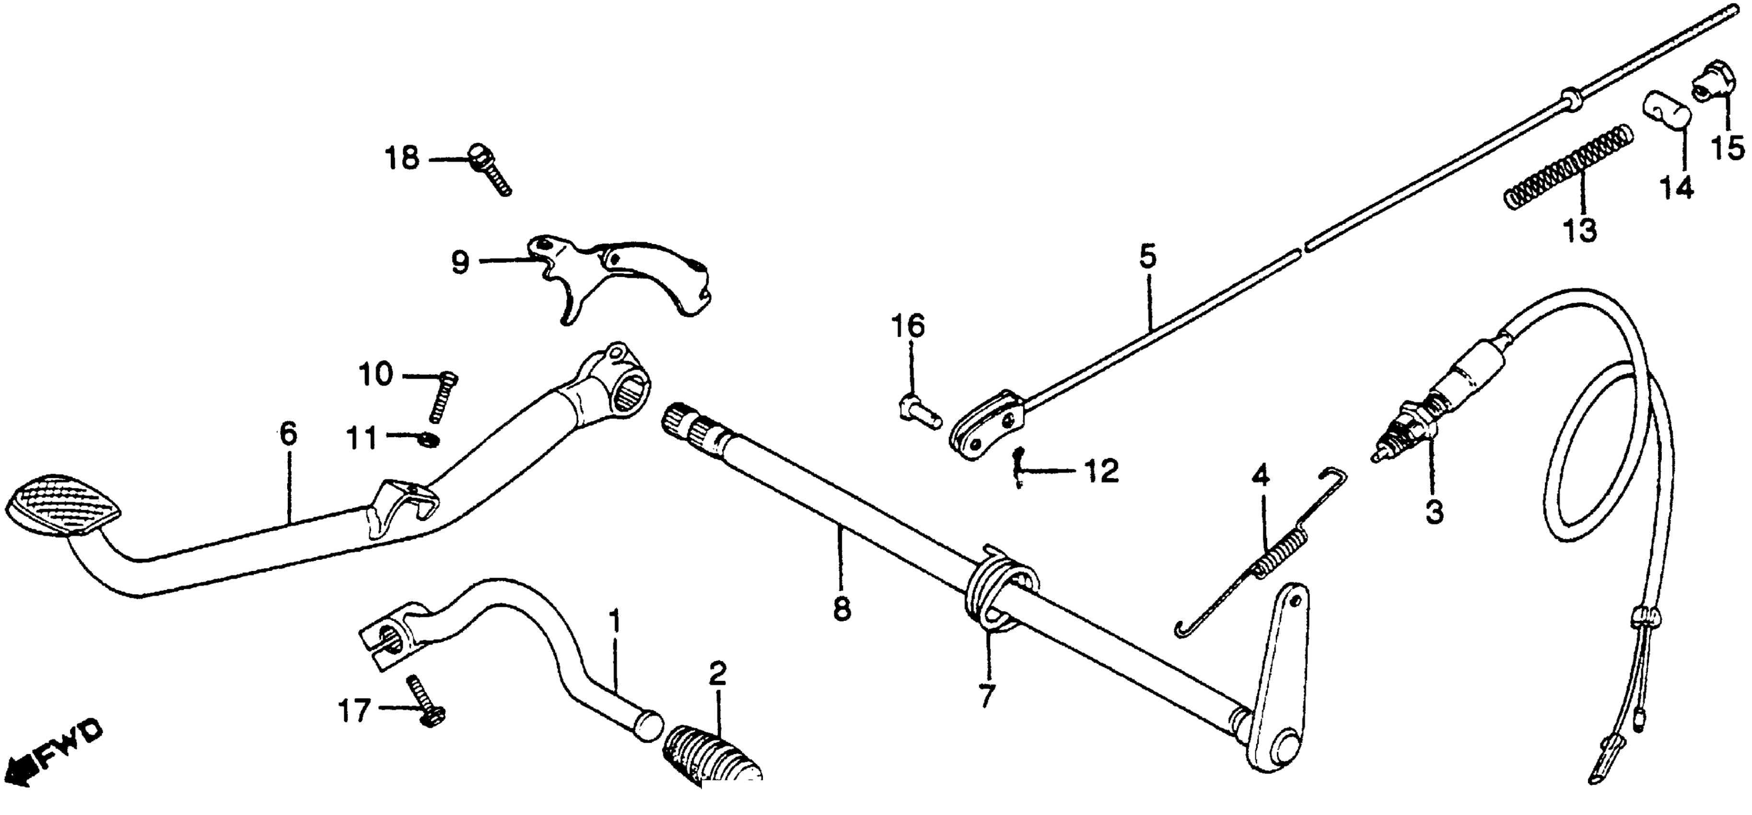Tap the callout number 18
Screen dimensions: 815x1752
[401, 159]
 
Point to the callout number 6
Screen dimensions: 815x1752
[288, 434]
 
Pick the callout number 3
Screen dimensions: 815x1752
[1434, 512]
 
